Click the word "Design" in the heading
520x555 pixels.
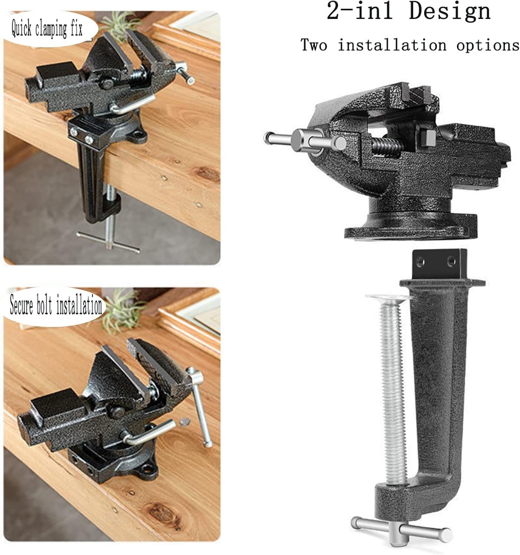tap(450, 12)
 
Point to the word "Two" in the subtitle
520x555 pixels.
tap(314, 45)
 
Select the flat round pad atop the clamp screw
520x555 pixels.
tap(388, 297)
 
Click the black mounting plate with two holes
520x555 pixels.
tap(439, 264)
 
